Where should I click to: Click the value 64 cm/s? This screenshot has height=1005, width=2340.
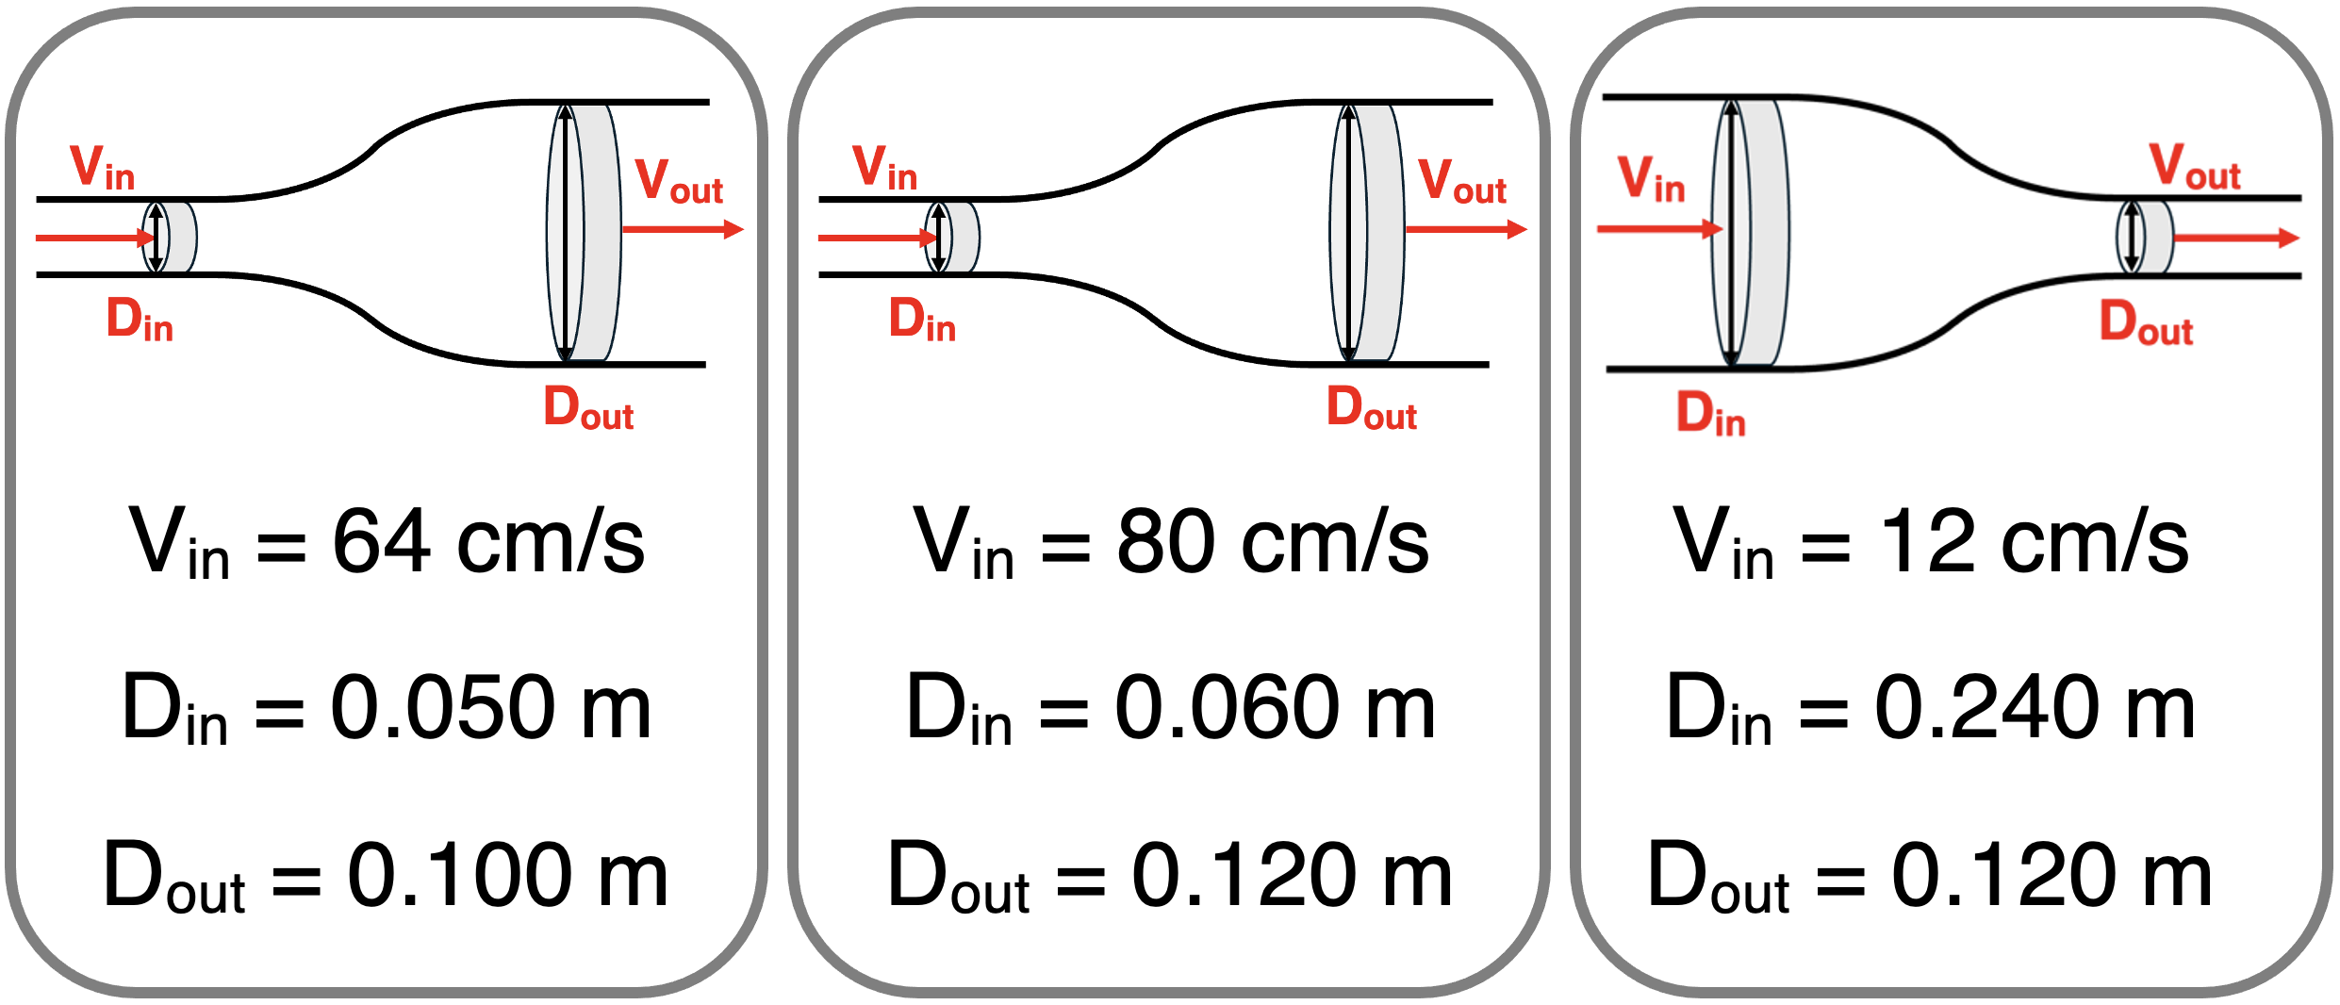click(x=488, y=541)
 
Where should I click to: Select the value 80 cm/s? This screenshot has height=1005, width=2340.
click(x=1273, y=541)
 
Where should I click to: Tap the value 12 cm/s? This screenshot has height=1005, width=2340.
click(x=2035, y=541)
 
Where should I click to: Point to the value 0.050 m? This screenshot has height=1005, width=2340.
click(x=490, y=706)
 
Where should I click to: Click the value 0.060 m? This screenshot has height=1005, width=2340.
click(x=1275, y=706)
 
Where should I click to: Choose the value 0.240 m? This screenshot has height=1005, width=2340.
click(x=2035, y=706)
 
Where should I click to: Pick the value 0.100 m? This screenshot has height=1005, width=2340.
click(x=507, y=875)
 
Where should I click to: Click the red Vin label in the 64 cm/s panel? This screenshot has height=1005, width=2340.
click(x=103, y=167)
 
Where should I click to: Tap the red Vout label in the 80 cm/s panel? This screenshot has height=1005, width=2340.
click(x=1462, y=181)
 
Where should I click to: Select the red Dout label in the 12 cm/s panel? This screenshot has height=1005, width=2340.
click(x=2146, y=322)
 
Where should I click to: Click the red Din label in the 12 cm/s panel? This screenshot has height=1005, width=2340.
click(x=1710, y=413)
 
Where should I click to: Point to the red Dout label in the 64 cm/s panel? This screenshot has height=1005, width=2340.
click(x=588, y=407)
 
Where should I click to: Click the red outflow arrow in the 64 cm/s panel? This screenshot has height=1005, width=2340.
click(x=683, y=229)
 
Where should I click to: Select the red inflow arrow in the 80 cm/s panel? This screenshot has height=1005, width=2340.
click(x=879, y=238)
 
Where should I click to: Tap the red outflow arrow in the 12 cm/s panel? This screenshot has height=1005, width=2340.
click(x=2236, y=239)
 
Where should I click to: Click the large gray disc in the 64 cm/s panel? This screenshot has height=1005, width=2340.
click(x=585, y=233)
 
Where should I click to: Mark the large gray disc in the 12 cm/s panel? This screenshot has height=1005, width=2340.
click(x=1751, y=233)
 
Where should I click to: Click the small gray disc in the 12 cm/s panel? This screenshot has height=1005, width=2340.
click(x=2146, y=237)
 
